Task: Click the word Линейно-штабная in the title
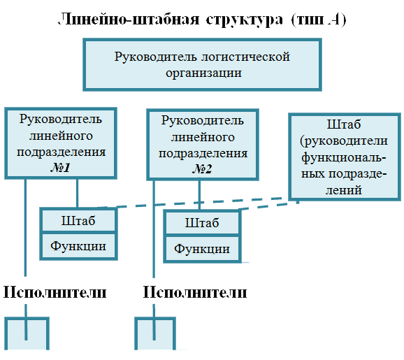129,20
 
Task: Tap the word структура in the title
244,20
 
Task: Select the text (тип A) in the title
319,20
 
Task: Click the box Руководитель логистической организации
202,65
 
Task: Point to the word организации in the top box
203,73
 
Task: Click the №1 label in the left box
61,168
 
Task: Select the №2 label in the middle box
202,169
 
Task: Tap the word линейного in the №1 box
61,136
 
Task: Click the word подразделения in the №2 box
203,153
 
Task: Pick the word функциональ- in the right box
344,157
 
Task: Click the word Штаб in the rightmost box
344,124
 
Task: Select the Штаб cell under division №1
78,221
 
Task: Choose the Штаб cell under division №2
202,223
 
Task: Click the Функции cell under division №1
78,246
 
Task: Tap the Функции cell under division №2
202,249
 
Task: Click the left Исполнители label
55,292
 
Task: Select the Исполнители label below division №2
195,292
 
